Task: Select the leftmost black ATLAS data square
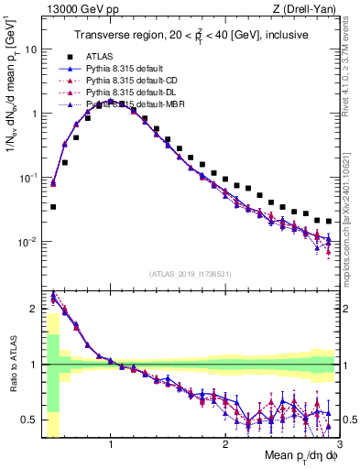53,207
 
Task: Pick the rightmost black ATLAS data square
329,221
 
